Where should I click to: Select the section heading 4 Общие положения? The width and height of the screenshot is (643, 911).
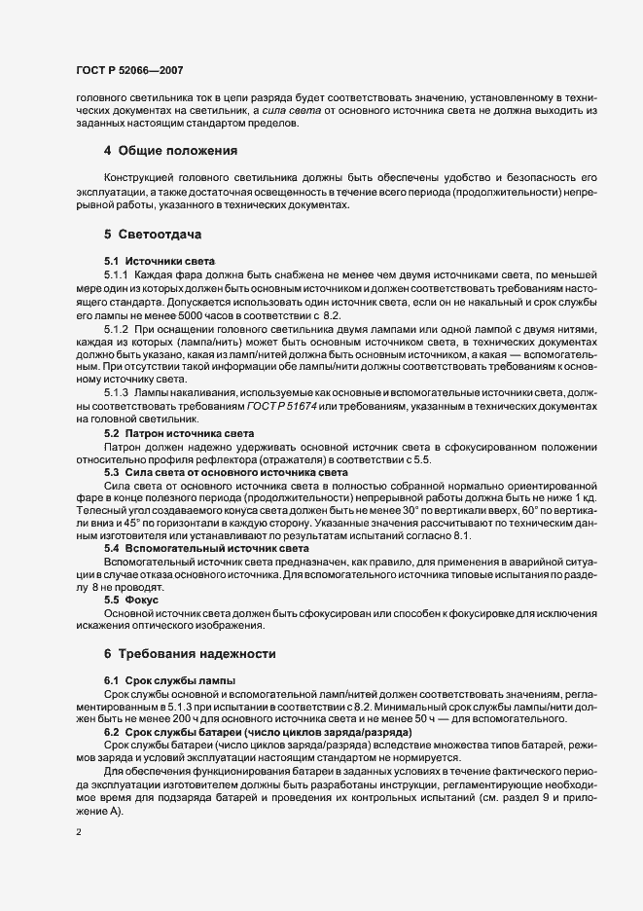click(171, 151)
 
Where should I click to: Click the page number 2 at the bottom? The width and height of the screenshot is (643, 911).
click(79, 832)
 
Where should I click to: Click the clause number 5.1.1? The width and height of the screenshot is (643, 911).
click(117, 275)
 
